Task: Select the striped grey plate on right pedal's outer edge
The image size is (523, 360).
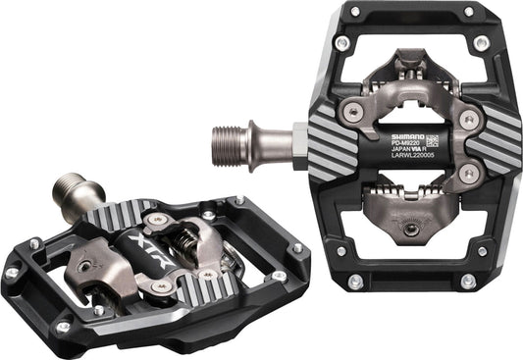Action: (487, 143)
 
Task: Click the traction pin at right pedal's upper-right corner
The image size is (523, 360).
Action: (482, 43)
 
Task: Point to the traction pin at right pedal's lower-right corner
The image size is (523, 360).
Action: (482, 251)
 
